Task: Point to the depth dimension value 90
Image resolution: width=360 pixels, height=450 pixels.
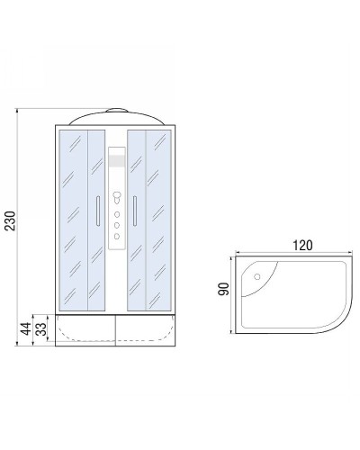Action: [226, 288]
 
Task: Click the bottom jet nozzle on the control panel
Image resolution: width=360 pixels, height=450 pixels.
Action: [116, 236]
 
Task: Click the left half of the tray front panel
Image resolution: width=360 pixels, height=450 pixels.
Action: [85, 331]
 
